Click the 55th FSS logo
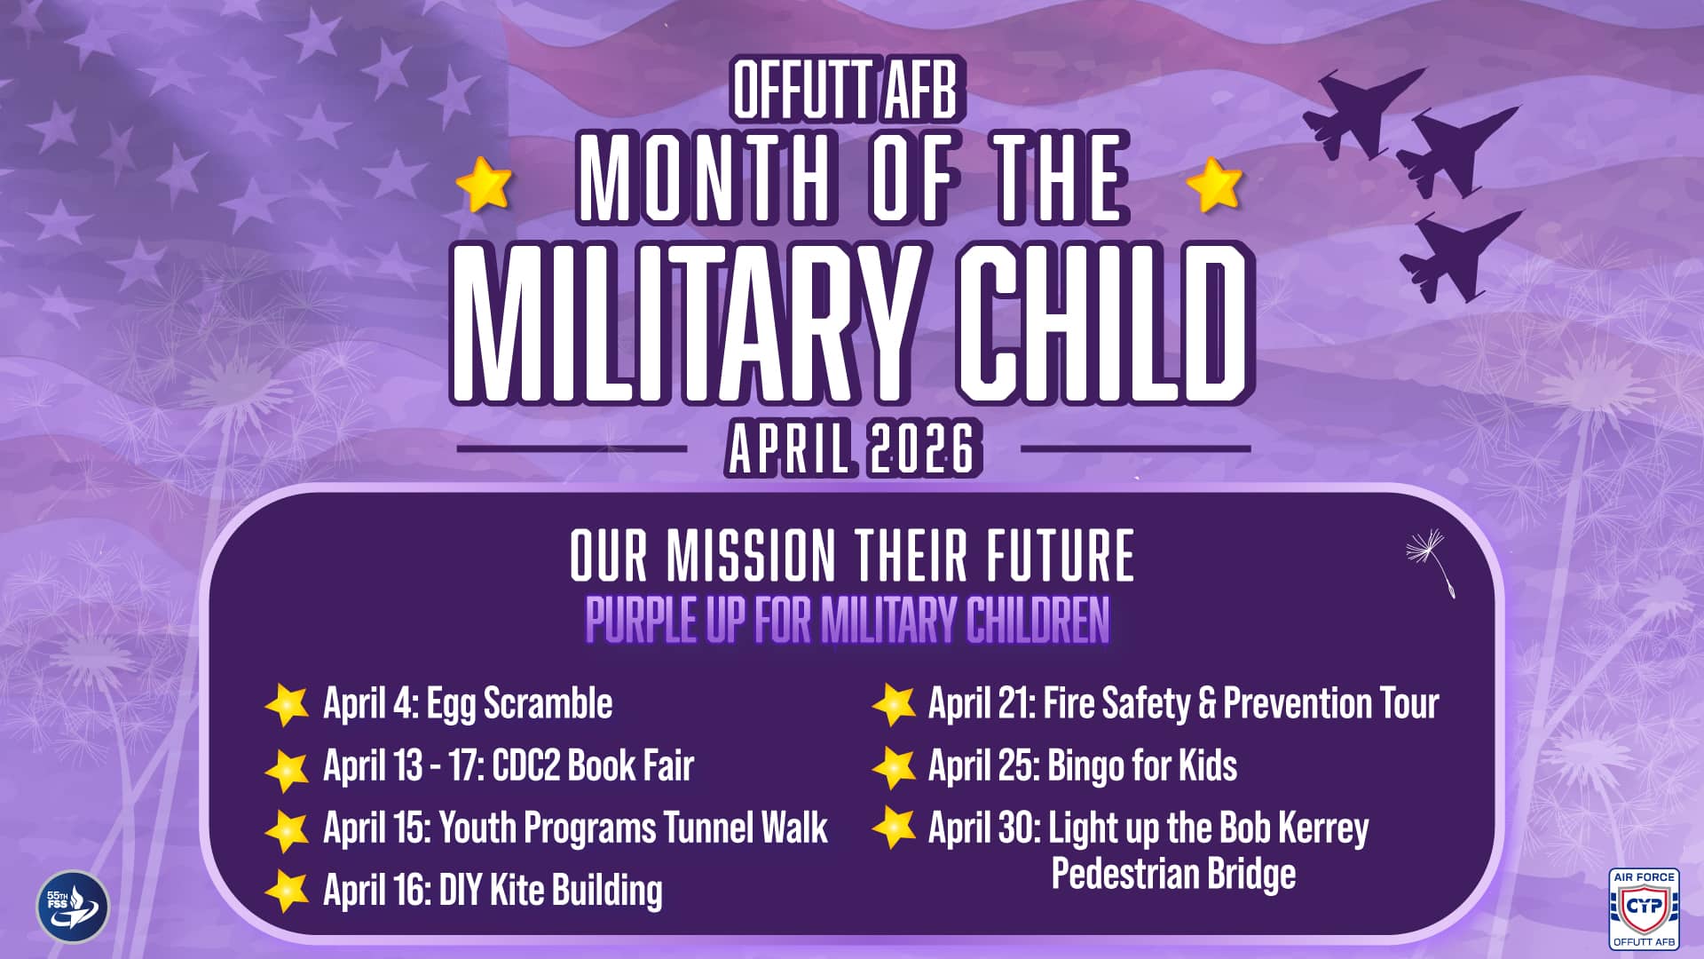pyautogui.click(x=73, y=907)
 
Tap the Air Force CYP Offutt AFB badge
pyautogui.click(x=1644, y=908)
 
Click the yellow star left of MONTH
pyautogui.click(x=484, y=184)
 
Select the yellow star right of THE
pyautogui.click(x=1214, y=184)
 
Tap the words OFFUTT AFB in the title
pyautogui.click(x=846, y=89)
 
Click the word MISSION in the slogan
pyautogui.click(x=751, y=556)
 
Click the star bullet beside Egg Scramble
pyautogui.click(x=287, y=705)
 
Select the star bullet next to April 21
pyautogui.click(x=894, y=705)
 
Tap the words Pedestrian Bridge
pyautogui.click(x=1173, y=875)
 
